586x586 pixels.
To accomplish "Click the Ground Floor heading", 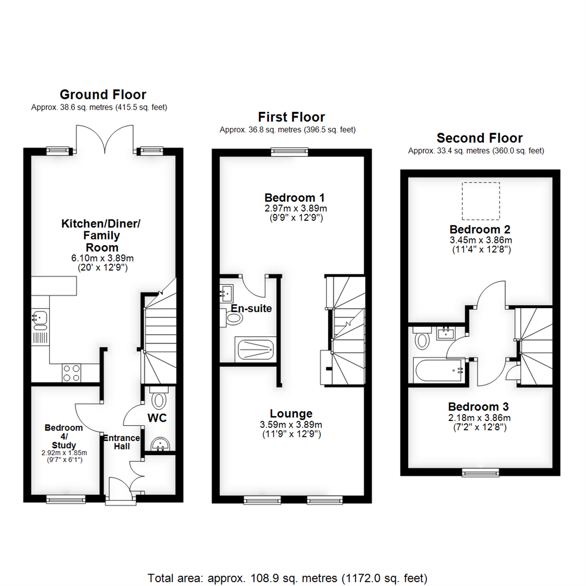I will click(103, 94).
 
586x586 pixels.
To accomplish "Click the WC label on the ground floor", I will click(157, 418).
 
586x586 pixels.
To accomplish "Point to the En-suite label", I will click(251, 308).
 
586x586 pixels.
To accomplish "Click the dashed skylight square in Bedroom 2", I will click(480, 201).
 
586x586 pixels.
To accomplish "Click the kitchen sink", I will click(39, 320).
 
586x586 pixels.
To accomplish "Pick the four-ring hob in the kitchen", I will click(71, 373).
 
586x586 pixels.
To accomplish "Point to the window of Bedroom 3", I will click(480, 473).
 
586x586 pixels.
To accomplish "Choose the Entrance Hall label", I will click(122, 442).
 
